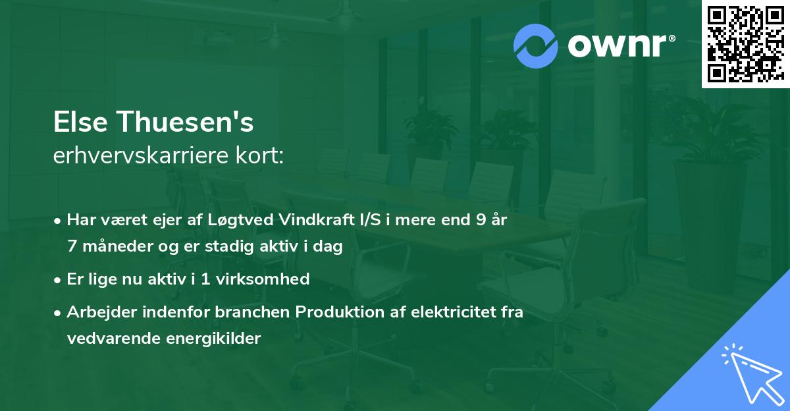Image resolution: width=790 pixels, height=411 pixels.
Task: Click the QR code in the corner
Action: [745, 44]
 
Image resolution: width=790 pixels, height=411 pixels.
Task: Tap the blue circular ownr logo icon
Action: [535, 46]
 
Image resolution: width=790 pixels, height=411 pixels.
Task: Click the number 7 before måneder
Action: [72, 246]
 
